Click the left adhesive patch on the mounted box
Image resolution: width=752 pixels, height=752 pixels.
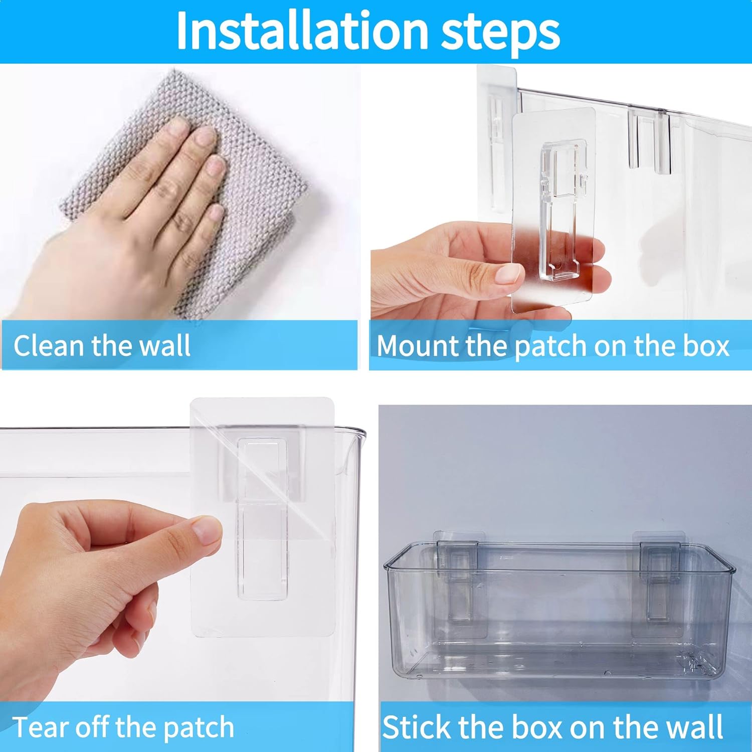(x=459, y=584)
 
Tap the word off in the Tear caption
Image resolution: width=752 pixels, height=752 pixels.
(x=93, y=727)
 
